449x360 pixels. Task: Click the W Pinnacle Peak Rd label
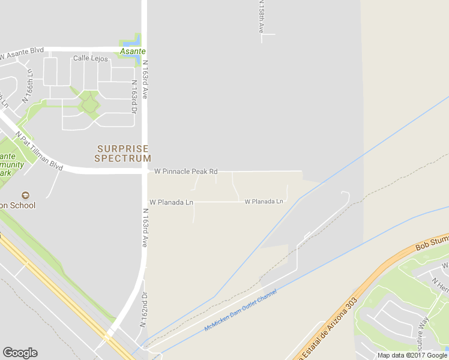click(x=185, y=172)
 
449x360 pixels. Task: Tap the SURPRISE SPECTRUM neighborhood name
click(x=122, y=154)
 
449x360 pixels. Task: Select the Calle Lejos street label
click(x=90, y=58)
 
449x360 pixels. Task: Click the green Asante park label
click(x=132, y=52)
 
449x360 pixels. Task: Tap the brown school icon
click(x=25, y=196)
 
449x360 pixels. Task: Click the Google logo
click(x=20, y=353)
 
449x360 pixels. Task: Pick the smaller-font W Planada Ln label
click(x=264, y=202)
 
